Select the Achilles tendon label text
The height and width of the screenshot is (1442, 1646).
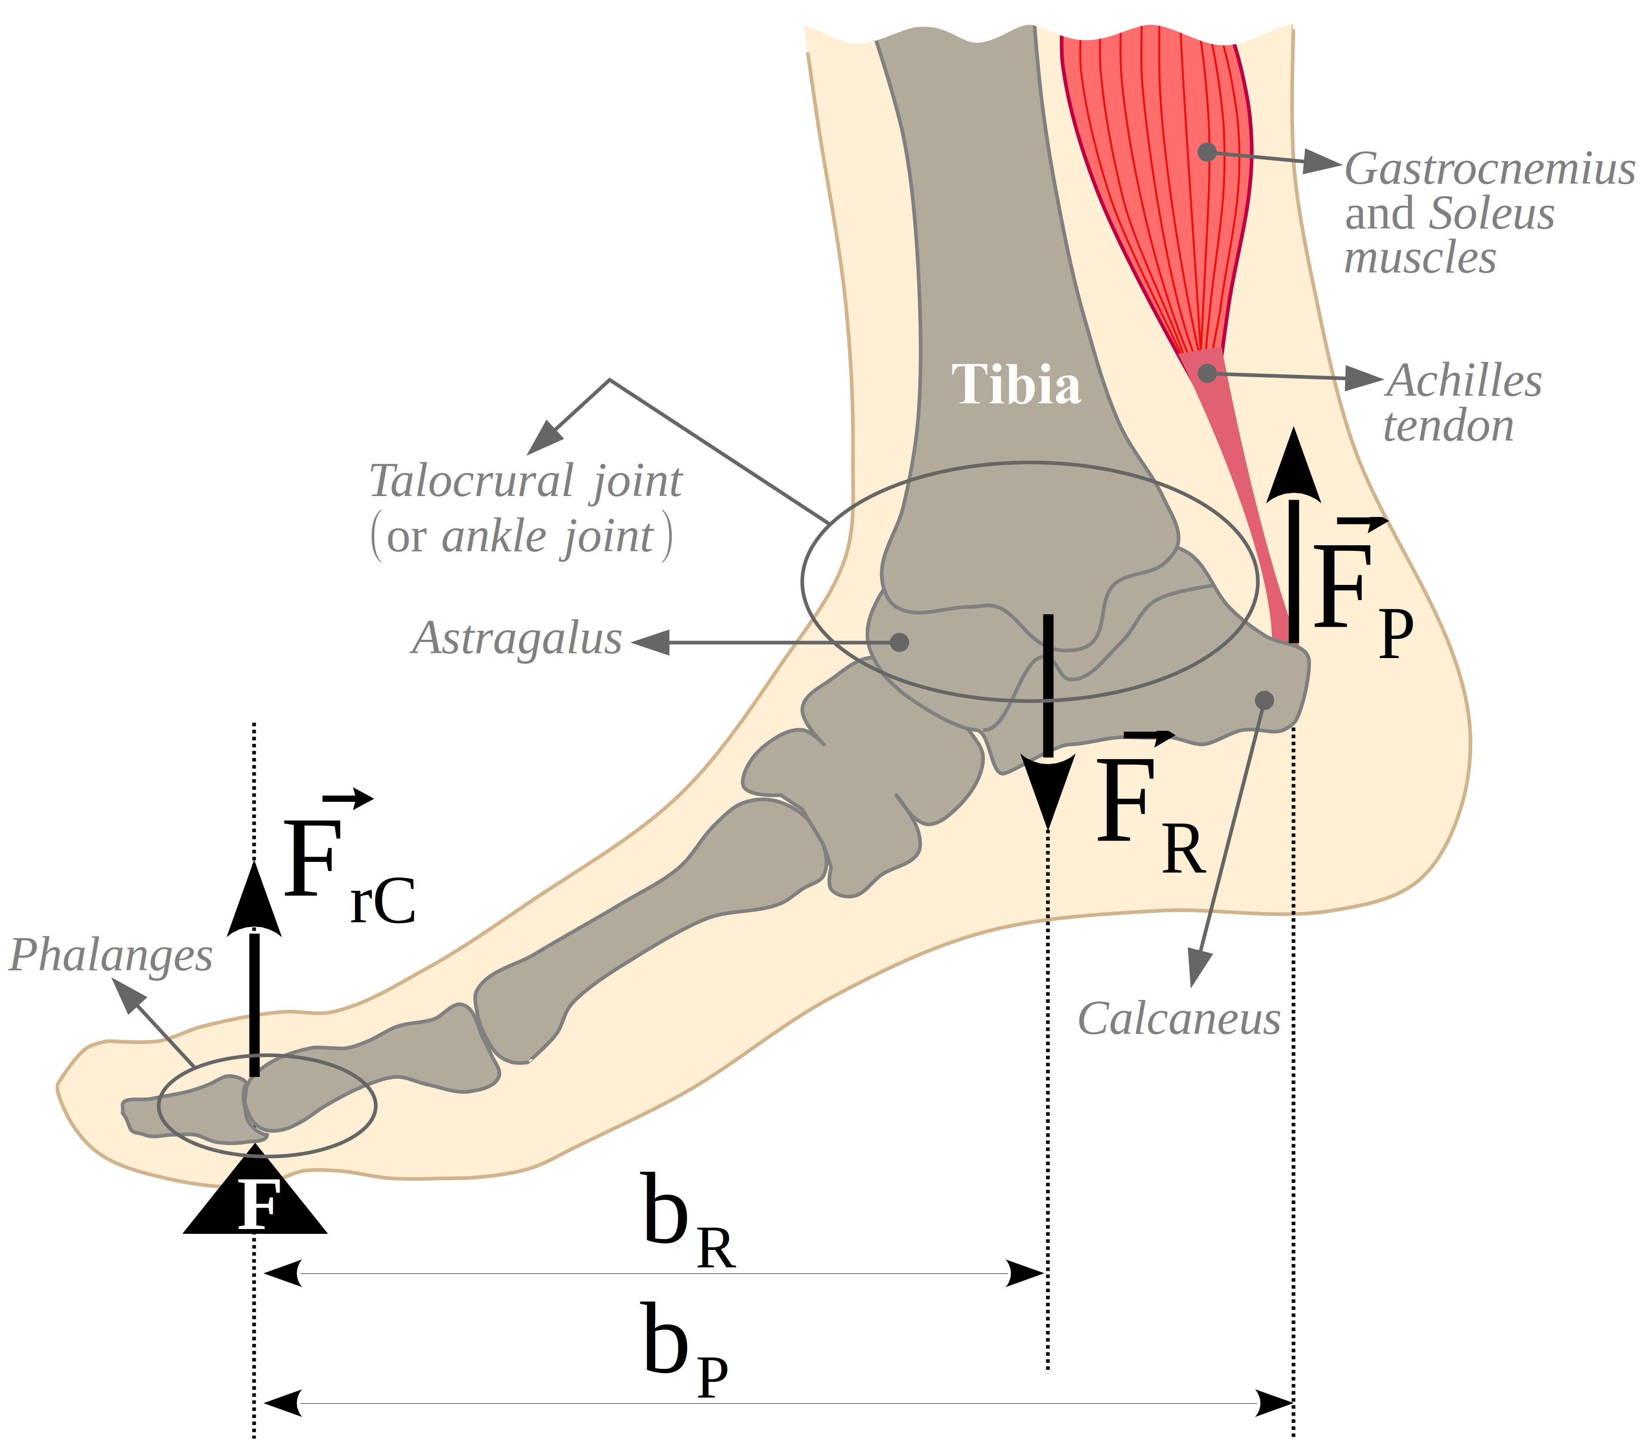[1463, 402]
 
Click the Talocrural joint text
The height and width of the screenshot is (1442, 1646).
[525, 481]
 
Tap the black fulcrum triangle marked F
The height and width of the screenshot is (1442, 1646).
[255, 1199]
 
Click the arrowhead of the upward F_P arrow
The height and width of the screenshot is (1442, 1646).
[1294, 467]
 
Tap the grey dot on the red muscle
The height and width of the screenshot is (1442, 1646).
[1207, 151]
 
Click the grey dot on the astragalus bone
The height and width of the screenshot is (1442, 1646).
[900, 642]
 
